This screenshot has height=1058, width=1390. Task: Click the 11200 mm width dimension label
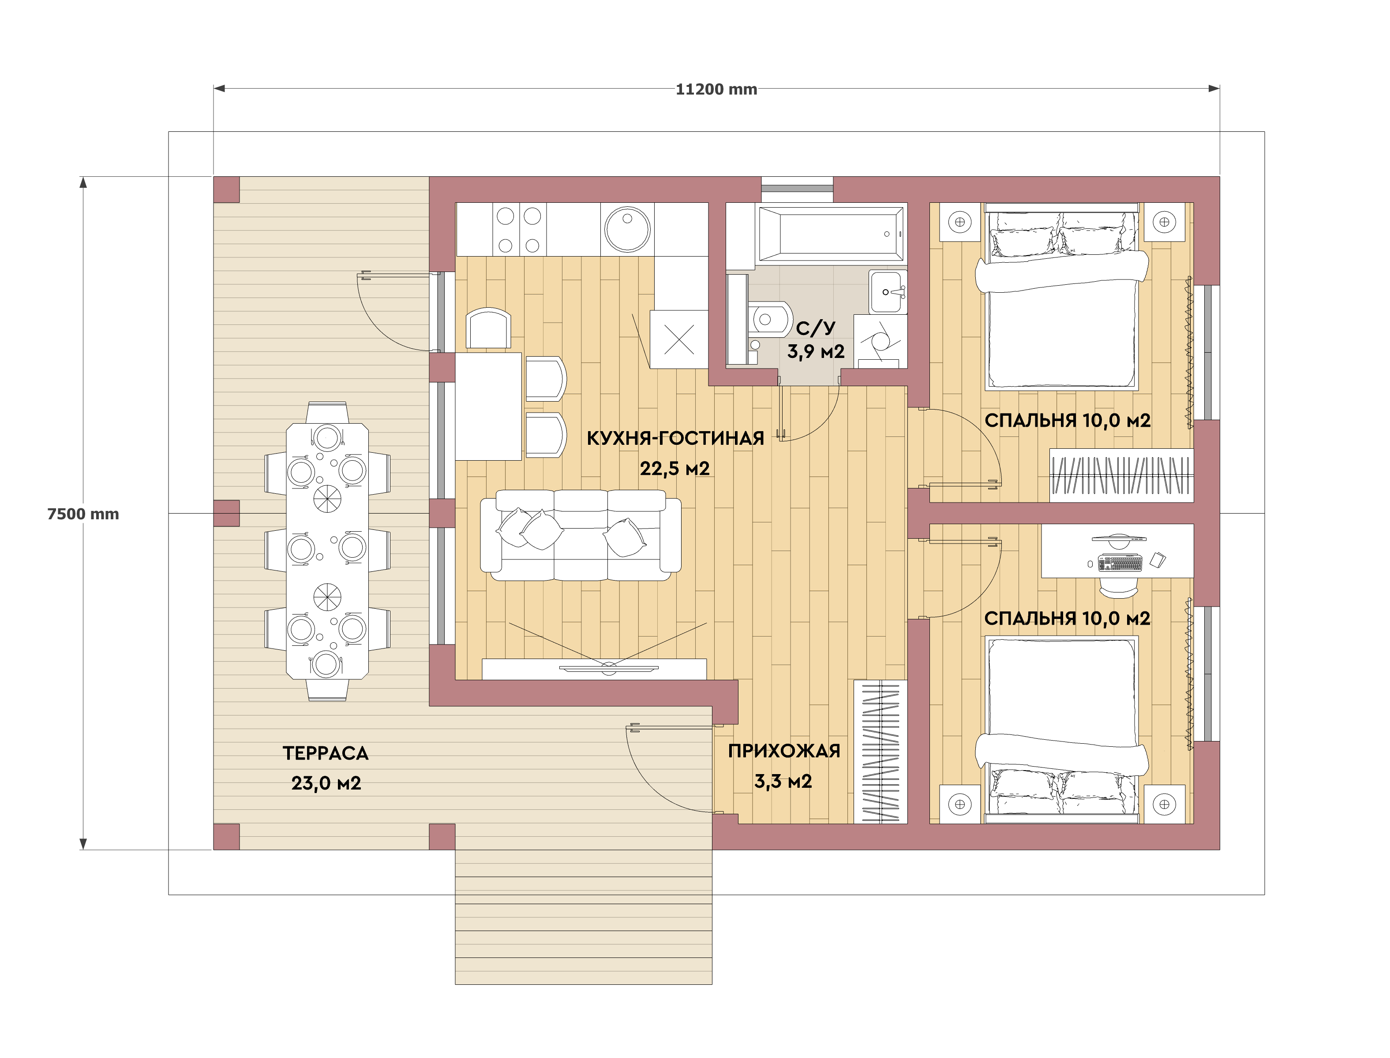[716, 89]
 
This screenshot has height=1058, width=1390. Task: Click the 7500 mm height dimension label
[83, 514]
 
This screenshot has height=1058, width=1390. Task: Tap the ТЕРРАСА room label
[326, 753]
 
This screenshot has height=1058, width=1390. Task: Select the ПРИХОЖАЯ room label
[784, 751]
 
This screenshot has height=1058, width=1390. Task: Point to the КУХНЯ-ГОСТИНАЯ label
[675, 438]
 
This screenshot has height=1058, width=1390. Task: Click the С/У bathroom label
[815, 328]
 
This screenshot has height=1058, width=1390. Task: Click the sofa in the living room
[581, 535]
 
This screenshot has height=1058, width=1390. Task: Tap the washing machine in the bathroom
[880, 341]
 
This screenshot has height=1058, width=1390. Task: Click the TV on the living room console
[609, 667]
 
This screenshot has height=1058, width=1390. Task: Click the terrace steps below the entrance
[584, 917]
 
